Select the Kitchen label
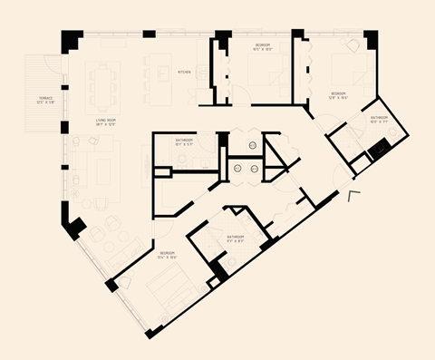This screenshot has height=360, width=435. (184, 72)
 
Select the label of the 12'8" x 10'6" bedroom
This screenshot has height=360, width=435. (339, 95)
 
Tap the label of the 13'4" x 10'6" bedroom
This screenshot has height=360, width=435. (168, 254)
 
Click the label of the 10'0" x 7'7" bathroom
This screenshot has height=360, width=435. (379, 119)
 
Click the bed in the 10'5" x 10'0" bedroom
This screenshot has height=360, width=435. (263, 80)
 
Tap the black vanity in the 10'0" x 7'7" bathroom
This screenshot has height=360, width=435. (378, 146)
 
